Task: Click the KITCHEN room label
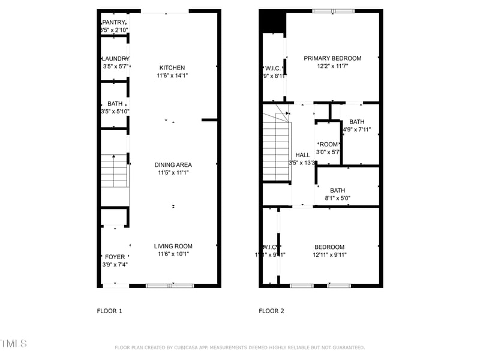point(172,68)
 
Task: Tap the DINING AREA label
point(173,164)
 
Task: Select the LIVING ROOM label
point(173,246)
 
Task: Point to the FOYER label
point(115,257)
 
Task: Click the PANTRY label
point(114,22)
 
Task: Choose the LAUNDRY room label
point(115,58)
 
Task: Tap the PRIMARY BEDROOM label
point(332,58)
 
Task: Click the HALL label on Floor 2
point(302,155)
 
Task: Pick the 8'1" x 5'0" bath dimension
point(337,198)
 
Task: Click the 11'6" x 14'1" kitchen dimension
point(172,76)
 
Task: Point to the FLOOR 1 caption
point(109,311)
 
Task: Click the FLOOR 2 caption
point(271,311)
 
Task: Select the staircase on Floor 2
point(276,147)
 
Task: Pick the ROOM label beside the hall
point(329,145)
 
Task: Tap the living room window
point(170,286)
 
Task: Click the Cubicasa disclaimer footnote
point(239,347)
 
